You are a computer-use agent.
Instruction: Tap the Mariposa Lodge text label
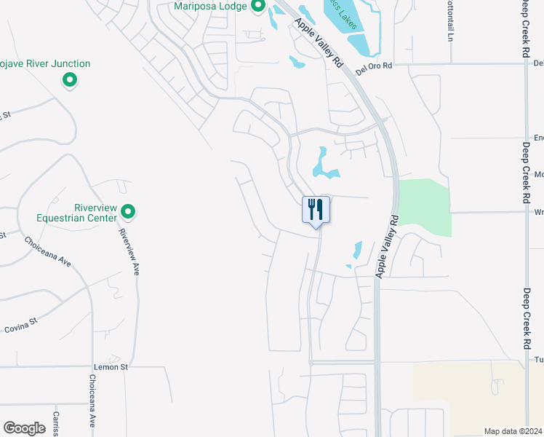tap(211, 7)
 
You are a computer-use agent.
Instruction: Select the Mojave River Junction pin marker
tap(70, 80)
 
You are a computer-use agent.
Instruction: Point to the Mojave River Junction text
tap(47, 64)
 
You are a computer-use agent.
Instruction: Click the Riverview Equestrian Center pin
tap(128, 212)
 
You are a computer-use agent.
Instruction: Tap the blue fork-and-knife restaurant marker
tap(316, 210)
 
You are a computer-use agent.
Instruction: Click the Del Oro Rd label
tap(375, 66)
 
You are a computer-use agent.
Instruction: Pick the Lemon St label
tap(111, 367)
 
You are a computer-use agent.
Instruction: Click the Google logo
tap(25, 428)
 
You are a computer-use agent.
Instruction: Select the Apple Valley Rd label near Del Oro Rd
tap(319, 44)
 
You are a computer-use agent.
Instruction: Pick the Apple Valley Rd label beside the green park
tap(388, 245)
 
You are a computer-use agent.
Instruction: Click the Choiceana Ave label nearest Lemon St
tap(93, 401)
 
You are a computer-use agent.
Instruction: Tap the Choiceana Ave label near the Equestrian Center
tap(47, 251)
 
